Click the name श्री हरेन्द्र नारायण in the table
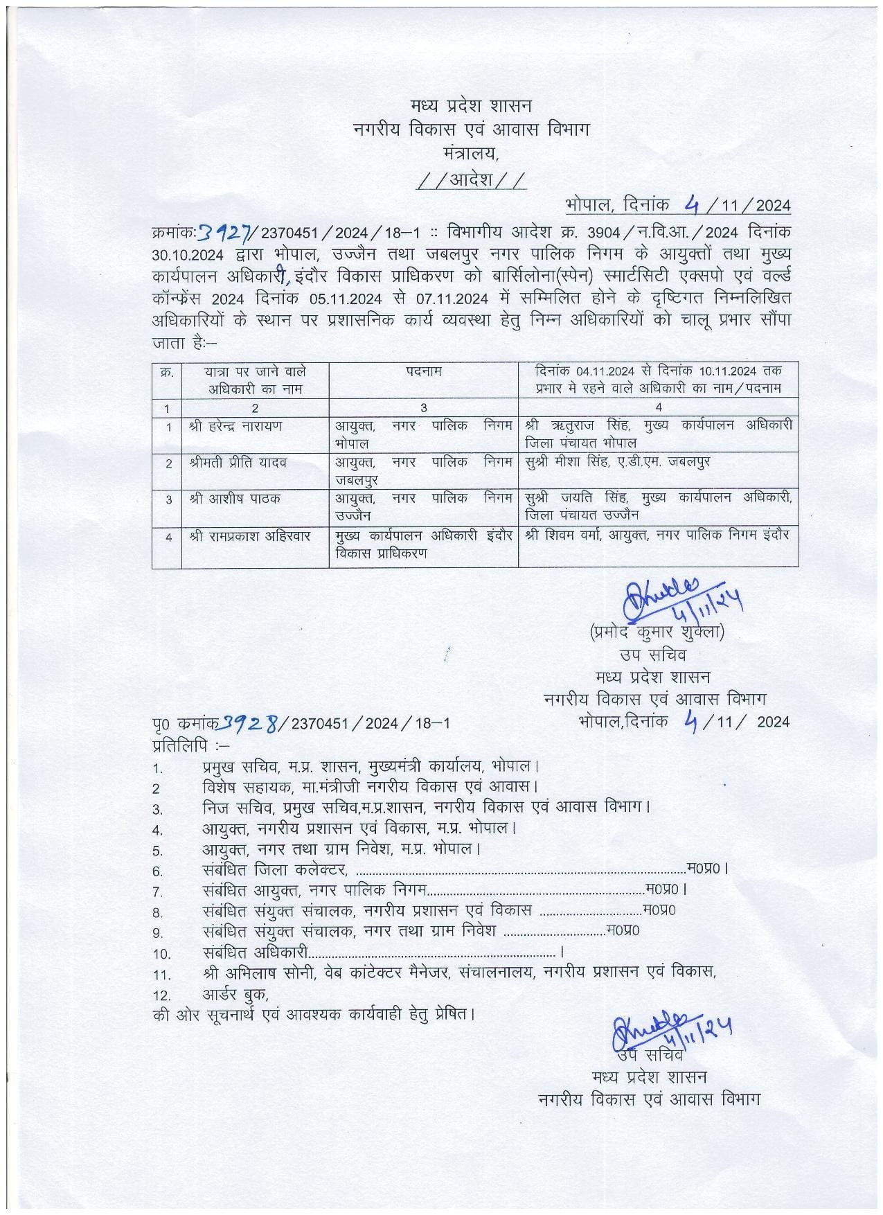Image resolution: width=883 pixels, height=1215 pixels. point(235,426)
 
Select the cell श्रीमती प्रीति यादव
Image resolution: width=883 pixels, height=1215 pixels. point(238,462)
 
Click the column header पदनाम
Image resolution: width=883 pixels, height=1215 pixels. point(424,371)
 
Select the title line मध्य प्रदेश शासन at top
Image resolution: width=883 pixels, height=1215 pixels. point(470,106)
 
